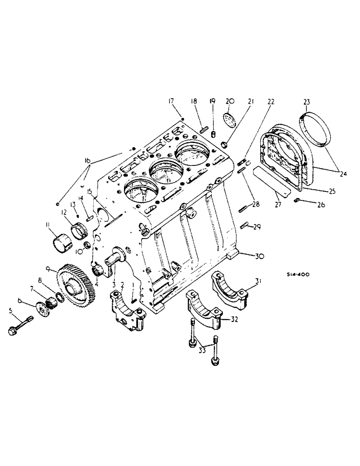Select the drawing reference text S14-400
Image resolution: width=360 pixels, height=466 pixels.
pos(297,275)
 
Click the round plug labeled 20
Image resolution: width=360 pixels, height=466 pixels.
pos(229,118)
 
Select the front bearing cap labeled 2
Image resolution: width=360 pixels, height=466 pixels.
pos(125,309)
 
